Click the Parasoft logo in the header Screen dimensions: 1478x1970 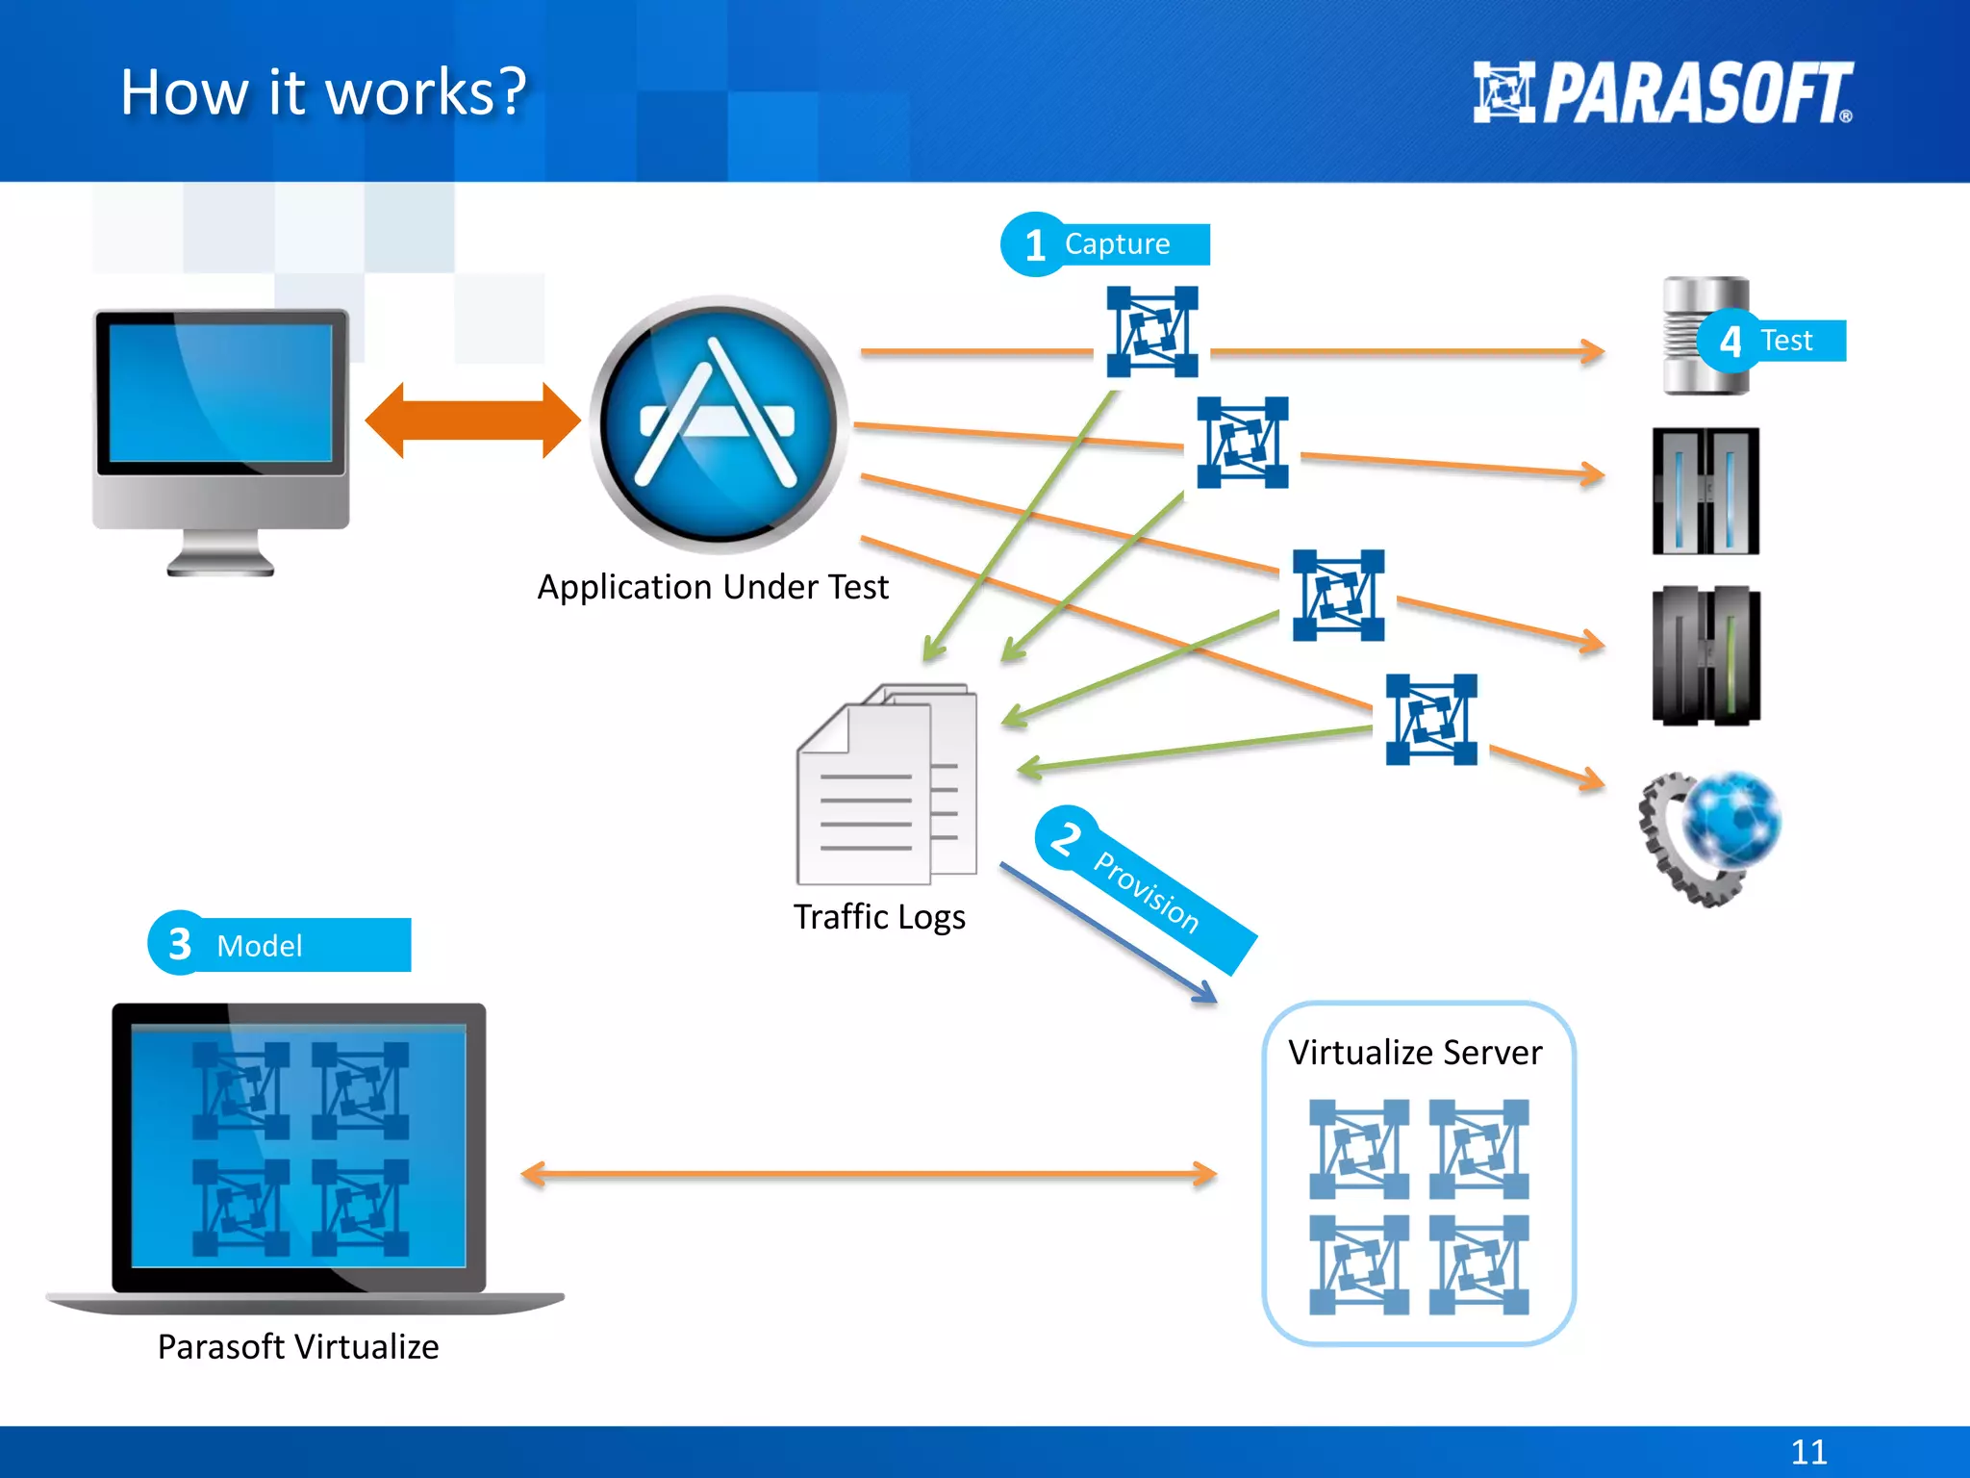[x=1662, y=92]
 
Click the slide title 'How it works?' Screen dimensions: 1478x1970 [x=324, y=92]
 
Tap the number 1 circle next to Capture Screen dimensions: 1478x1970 [x=1034, y=245]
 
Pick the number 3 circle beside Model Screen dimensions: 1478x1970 [x=180, y=944]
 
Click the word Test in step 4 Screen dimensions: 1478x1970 [x=1786, y=341]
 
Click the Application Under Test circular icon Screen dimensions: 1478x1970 [x=718, y=424]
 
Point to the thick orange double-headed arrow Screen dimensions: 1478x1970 [x=473, y=420]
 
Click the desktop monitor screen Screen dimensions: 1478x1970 [x=220, y=393]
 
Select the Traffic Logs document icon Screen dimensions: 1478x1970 [x=886, y=784]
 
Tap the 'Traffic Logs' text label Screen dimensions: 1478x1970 [x=879, y=917]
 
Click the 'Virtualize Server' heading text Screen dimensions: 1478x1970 [x=1415, y=1053]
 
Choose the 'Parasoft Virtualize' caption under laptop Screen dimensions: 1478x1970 [x=298, y=1347]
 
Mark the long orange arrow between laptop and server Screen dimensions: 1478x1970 [x=869, y=1174]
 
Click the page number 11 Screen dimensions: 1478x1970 [x=1808, y=1451]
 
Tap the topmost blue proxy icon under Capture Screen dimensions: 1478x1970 [x=1151, y=331]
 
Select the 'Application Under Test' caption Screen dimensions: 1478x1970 [x=713, y=587]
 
